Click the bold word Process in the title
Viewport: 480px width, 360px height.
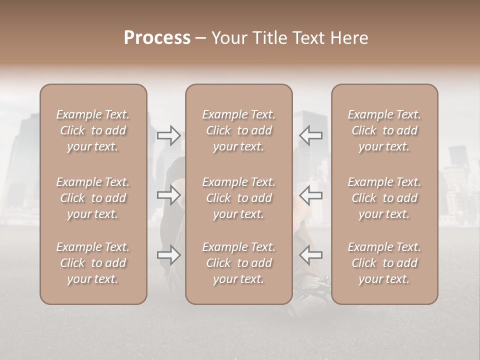coord(157,38)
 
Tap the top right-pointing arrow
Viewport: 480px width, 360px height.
coord(168,135)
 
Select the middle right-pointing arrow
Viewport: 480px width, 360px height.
coord(168,195)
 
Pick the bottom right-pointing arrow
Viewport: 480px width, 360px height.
coord(168,255)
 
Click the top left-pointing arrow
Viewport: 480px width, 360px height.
coord(310,135)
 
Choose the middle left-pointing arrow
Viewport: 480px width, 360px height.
coord(310,195)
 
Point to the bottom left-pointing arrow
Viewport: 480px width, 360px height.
coord(310,255)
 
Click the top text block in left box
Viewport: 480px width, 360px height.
coord(93,130)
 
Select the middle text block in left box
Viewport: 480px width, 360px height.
coord(93,198)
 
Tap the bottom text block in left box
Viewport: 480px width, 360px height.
coord(93,263)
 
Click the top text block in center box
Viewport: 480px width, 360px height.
coord(238,130)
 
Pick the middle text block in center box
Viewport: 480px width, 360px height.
coord(238,198)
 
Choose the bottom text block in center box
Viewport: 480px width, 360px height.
coord(238,263)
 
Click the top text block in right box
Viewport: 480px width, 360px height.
coord(384,130)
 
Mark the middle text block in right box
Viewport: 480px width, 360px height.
coord(384,198)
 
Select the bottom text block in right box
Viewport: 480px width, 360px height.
coord(384,263)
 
